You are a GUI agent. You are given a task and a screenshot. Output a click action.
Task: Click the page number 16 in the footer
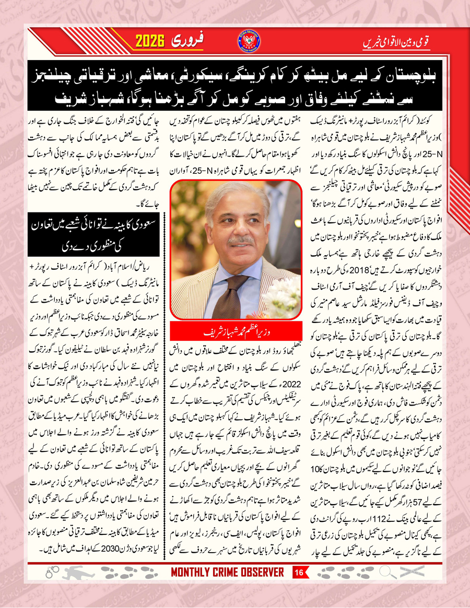[x=300, y=573]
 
